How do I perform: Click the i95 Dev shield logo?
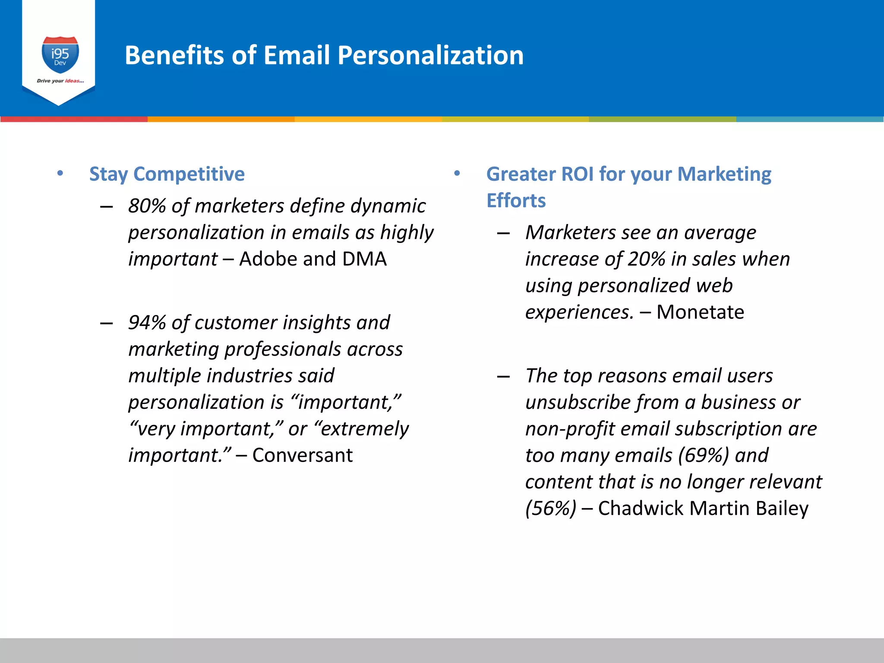tap(60, 55)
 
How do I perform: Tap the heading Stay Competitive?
tap(167, 174)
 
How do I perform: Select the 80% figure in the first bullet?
tap(147, 206)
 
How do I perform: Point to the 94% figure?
tap(147, 323)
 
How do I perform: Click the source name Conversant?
tap(302, 455)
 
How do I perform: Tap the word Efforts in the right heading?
tap(516, 201)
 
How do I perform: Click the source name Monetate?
tap(700, 312)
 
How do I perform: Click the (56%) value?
tap(550, 508)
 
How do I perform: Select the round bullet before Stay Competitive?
tap(60, 174)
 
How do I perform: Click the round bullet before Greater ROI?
tap(457, 174)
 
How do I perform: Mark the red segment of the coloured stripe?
tap(73, 119)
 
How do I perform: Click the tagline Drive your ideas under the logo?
tap(60, 81)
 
